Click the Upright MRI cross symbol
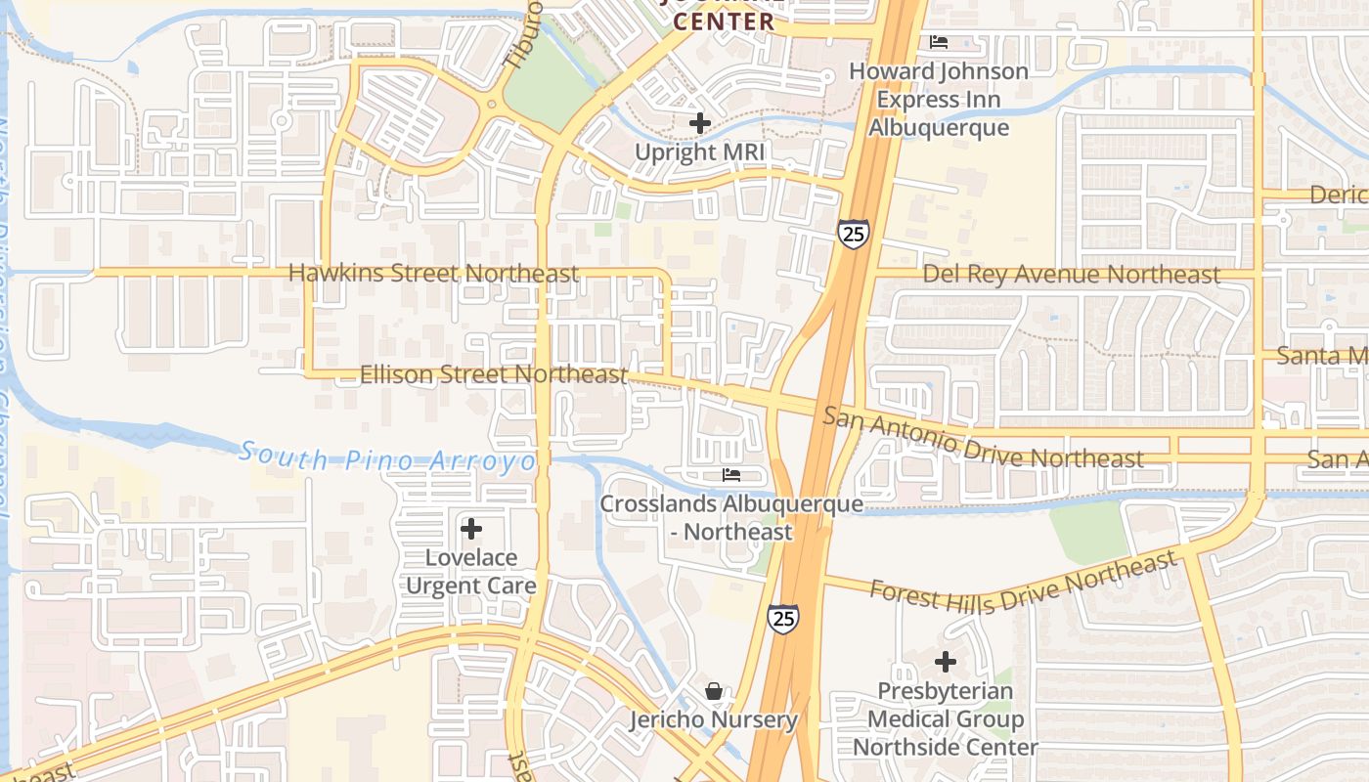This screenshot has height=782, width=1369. point(699,124)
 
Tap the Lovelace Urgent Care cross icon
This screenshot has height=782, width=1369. point(471,529)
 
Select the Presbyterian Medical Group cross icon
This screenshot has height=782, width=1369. point(946,663)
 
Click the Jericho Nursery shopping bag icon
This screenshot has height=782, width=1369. point(714,692)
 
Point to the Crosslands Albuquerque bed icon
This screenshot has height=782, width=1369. point(731,476)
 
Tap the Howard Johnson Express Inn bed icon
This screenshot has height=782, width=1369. point(939,42)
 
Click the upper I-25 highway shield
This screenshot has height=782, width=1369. point(853,234)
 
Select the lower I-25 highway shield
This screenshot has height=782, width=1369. point(782,618)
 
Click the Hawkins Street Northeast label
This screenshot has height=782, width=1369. point(433,274)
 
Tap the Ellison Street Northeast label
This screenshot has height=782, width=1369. point(494,374)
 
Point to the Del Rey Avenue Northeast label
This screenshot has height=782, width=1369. point(1071,275)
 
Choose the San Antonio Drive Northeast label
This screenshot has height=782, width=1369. point(982,438)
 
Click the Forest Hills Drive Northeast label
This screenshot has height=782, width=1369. point(1023,583)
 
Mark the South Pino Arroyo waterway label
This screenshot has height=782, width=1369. point(388,457)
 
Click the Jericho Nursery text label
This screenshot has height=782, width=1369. point(714,720)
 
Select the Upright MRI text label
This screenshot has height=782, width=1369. point(699,152)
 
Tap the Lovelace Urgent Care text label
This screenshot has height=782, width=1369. point(471,572)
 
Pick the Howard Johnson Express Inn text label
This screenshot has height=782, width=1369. point(939,100)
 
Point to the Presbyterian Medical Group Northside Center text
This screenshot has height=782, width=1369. point(946,719)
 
